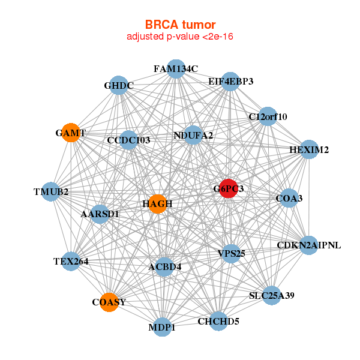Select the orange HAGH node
pos(157,204)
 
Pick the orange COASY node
pos(109,302)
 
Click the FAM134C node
pos(176,69)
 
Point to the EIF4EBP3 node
pos(231,81)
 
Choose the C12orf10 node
pos(268,116)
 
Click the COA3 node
pos(289,198)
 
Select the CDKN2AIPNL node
pos(308,245)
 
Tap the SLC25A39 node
pos(272,295)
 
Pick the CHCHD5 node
pos(218,322)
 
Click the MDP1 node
pos(163,328)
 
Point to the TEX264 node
pos(71,261)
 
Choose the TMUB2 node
pos(51,192)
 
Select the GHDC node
pos(118,86)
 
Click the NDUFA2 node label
pos(193,136)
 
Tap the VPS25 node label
pos(231,253)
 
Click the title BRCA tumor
pos(180,25)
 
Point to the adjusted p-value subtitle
pos(180,37)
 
